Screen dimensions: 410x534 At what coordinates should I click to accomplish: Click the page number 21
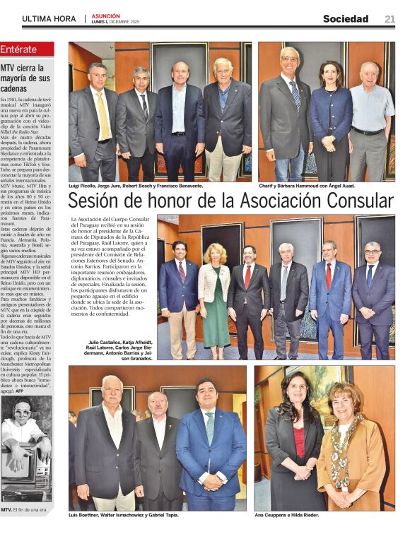point(389,19)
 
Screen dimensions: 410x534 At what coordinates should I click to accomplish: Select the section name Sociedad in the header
point(346,19)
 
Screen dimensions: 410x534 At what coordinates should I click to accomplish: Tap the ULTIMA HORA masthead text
point(49,19)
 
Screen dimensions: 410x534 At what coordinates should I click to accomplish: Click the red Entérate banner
point(28,49)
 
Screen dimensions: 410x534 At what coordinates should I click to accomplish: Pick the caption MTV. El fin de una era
point(25,509)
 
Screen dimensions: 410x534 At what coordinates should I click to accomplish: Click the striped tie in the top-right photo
point(294,93)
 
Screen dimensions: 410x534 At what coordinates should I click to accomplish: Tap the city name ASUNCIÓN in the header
point(105,16)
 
